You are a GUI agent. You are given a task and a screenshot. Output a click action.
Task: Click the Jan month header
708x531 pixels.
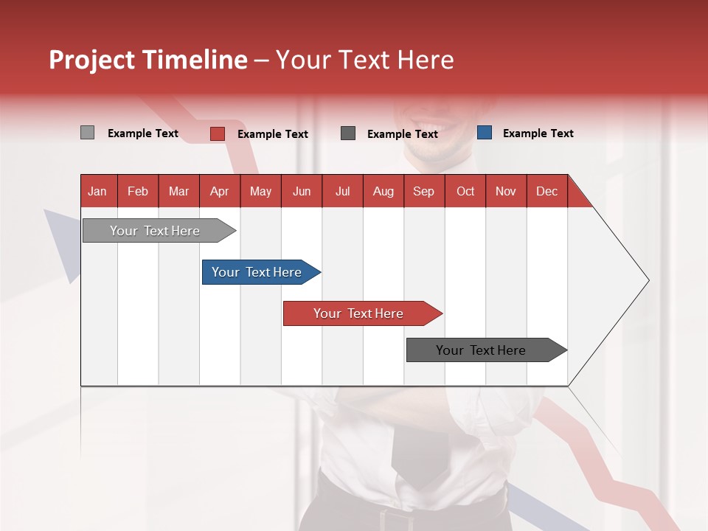[x=98, y=191]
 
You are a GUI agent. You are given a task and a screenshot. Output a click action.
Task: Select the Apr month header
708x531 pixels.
[x=220, y=191]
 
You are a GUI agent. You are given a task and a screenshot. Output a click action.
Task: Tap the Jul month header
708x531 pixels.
[x=342, y=191]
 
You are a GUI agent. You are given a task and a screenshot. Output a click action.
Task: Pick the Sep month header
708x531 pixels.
[x=424, y=191]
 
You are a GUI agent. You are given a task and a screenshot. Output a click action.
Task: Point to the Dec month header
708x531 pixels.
[x=546, y=191]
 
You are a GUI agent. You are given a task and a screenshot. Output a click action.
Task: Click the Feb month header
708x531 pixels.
[x=138, y=191]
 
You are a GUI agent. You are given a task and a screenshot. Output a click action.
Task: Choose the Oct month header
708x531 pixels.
[x=465, y=191]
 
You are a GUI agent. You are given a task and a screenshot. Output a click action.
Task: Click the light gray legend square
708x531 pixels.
[x=87, y=133]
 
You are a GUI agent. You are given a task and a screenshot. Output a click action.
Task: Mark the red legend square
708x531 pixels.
[x=218, y=133]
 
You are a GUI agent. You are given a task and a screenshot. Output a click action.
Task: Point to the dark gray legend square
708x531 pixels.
[x=348, y=133]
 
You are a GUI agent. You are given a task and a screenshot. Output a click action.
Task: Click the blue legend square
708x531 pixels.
[x=485, y=133]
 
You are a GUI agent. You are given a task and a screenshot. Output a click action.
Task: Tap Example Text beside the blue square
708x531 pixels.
[x=538, y=133]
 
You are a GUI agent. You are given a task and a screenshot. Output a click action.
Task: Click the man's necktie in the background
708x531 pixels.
[x=419, y=450]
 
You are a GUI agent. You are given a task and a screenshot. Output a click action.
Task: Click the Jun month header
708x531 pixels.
[x=302, y=191]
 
